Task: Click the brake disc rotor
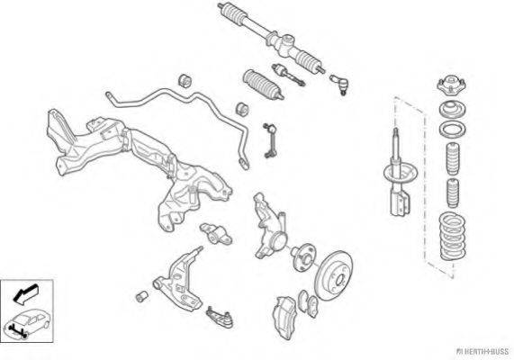(334, 275)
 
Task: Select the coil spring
(453, 237)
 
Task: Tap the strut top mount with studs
(452, 85)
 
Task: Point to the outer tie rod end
(338, 84)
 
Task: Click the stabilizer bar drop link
(269, 140)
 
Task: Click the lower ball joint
(221, 317)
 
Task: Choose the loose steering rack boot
(263, 85)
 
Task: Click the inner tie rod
(288, 75)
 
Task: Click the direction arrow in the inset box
(25, 294)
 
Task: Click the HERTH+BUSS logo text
(483, 352)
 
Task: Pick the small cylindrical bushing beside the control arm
(141, 297)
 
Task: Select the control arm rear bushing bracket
(216, 234)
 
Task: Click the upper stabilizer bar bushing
(185, 81)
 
